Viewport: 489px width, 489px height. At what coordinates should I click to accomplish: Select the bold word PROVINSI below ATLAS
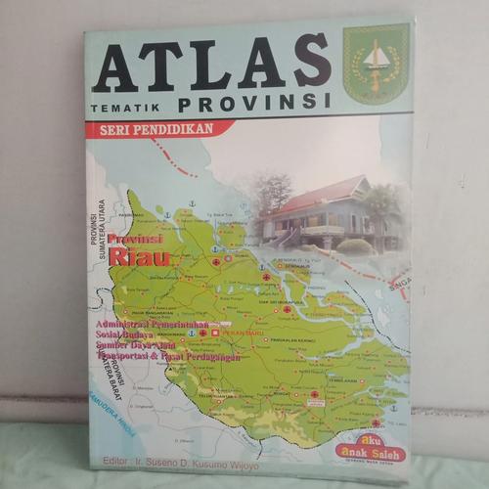(255, 101)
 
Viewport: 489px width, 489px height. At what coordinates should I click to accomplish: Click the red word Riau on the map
(139, 258)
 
